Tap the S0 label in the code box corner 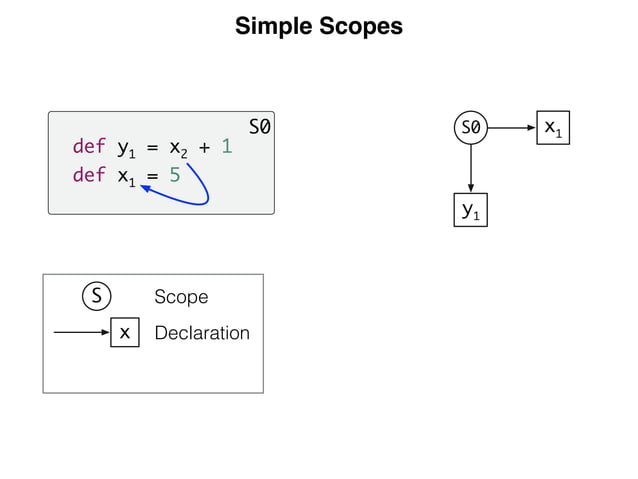pyautogui.click(x=260, y=127)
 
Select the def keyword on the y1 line pyautogui.click(x=89, y=147)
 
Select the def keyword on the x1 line pyautogui.click(x=89, y=176)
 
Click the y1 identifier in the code pyautogui.click(x=126, y=149)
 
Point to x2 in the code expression pyautogui.click(x=177, y=149)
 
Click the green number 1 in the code pyautogui.click(x=227, y=147)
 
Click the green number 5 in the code pyautogui.click(x=175, y=176)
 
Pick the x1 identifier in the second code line pyautogui.click(x=126, y=178)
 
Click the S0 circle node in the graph pyautogui.click(x=470, y=128)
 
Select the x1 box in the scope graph pyautogui.click(x=552, y=128)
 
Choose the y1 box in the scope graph pyautogui.click(x=470, y=210)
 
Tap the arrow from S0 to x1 pyautogui.click(x=511, y=128)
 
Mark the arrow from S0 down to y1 pyautogui.click(x=470, y=169)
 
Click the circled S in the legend pyautogui.click(x=96, y=297)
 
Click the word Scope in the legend pyautogui.click(x=181, y=297)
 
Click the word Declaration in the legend pyautogui.click(x=202, y=333)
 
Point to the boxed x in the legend pyautogui.click(x=124, y=333)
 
